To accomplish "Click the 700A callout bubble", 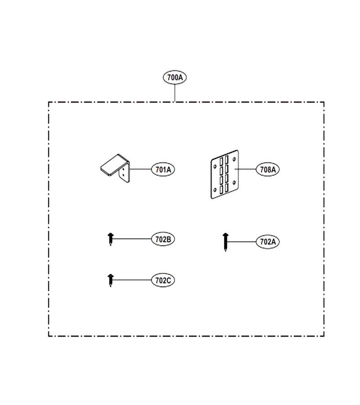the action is tap(175, 77).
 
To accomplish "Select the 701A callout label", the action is tap(163, 170).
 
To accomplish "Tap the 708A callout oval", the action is tap(268, 170).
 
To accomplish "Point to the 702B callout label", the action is tap(163, 239).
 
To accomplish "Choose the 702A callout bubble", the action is tap(268, 242).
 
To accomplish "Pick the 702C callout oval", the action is tap(163, 280).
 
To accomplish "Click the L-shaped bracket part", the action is tap(116, 168).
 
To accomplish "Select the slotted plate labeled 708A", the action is tap(225, 174).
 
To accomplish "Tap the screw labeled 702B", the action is tap(111, 239).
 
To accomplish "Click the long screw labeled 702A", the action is tap(225, 242).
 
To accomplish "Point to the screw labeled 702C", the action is tap(111, 280).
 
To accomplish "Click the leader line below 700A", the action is tap(175, 93).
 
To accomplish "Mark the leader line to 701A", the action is tap(140, 169).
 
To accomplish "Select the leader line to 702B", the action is tap(132, 239).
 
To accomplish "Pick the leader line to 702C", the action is tap(132, 280).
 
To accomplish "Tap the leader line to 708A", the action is tap(245, 169).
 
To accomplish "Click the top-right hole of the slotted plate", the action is tap(234, 159).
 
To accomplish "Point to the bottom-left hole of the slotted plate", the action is tap(215, 190).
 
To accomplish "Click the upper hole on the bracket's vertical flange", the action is tap(123, 170).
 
